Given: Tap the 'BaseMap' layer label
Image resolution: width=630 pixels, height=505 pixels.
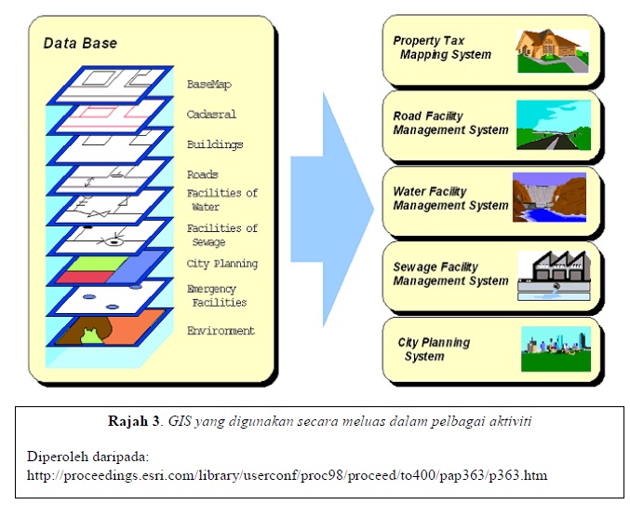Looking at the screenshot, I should click(208, 84).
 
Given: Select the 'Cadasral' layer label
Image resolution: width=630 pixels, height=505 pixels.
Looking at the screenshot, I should click(211, 115).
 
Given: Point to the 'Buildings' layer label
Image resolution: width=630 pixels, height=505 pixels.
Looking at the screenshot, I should click(214, 144).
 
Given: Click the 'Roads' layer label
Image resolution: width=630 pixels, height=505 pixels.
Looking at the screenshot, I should click(202, 174).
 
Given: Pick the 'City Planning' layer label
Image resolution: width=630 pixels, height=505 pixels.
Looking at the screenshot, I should click(221, 264).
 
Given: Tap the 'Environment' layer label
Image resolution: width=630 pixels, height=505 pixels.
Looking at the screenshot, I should click(221, 331).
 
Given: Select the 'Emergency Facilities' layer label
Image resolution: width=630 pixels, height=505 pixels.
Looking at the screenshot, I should click(216, 295).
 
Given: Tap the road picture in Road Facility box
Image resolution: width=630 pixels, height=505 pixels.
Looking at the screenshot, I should click(553, 126).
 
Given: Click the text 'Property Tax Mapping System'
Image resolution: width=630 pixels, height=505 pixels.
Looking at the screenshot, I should click(441, 48).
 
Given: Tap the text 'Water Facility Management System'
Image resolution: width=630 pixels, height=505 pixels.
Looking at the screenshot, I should click(450, 198).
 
